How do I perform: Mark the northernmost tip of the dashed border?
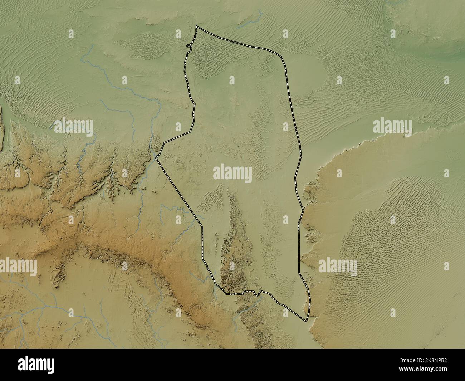196,26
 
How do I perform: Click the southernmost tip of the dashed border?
306,321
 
